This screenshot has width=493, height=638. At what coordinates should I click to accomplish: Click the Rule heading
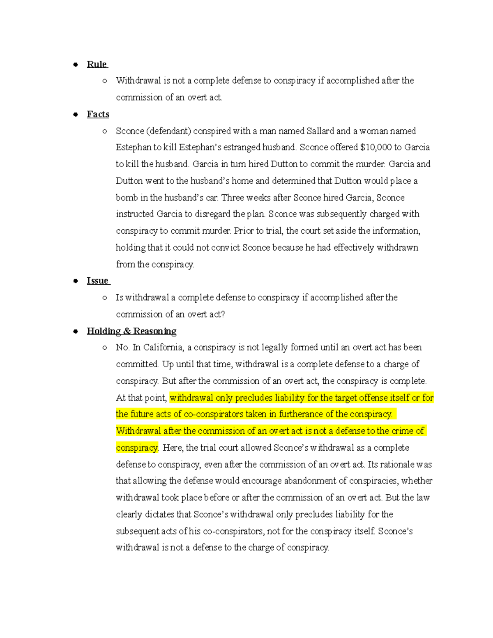click(97, 64)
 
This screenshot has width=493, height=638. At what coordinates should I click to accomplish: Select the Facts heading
click(98, 115)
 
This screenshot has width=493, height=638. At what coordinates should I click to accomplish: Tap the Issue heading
click(97, 281)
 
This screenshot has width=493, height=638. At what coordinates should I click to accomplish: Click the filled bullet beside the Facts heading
click(76, 115)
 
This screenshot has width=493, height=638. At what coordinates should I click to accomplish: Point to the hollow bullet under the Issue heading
click(105, 298)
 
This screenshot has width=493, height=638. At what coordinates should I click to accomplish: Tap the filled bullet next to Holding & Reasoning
click(76, 331)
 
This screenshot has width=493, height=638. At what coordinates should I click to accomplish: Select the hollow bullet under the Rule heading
click(105, 81)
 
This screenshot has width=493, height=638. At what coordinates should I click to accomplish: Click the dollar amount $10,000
click(376, 147)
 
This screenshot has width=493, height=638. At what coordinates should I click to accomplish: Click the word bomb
click(127, 198)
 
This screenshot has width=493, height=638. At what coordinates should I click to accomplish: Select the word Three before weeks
click(233, 198)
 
